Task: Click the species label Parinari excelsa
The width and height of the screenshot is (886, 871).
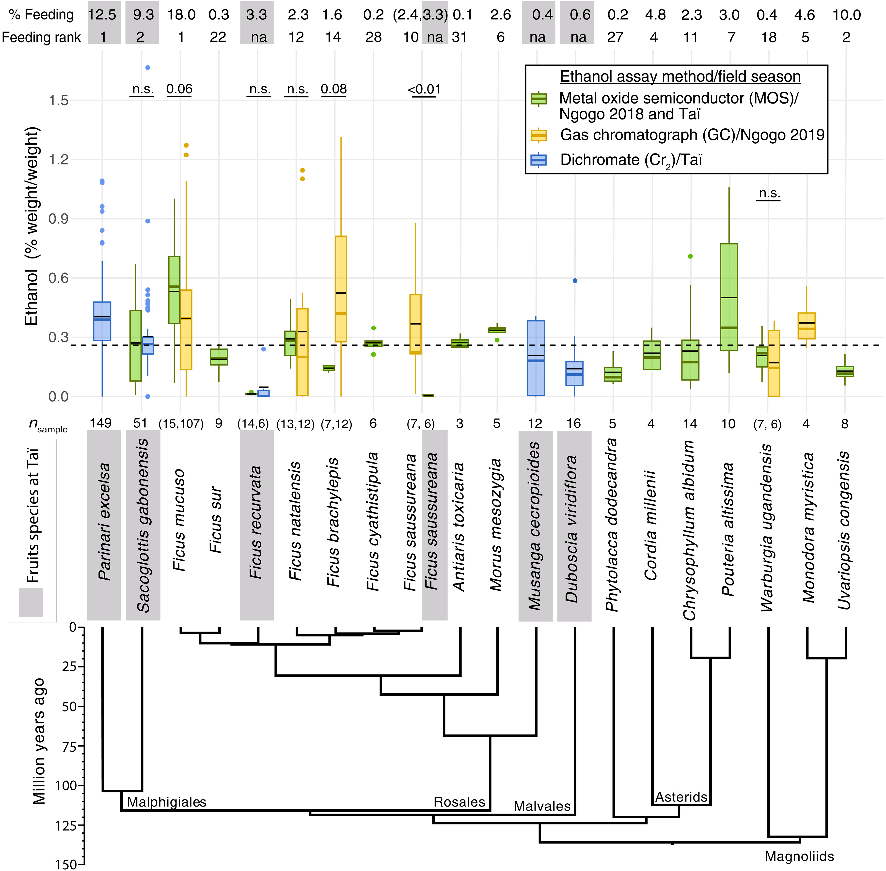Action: pos(104,522)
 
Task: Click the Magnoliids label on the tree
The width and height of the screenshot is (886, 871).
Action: pos(799,856)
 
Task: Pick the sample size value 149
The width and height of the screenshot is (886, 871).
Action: pos(101,423)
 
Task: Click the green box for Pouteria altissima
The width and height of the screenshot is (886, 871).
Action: pos(728,297)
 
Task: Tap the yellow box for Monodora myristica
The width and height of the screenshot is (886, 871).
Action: pos(806,326)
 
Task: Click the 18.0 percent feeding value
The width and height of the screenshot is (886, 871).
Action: pos(181,15)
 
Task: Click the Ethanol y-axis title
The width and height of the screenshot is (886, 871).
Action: pos(31,226)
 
